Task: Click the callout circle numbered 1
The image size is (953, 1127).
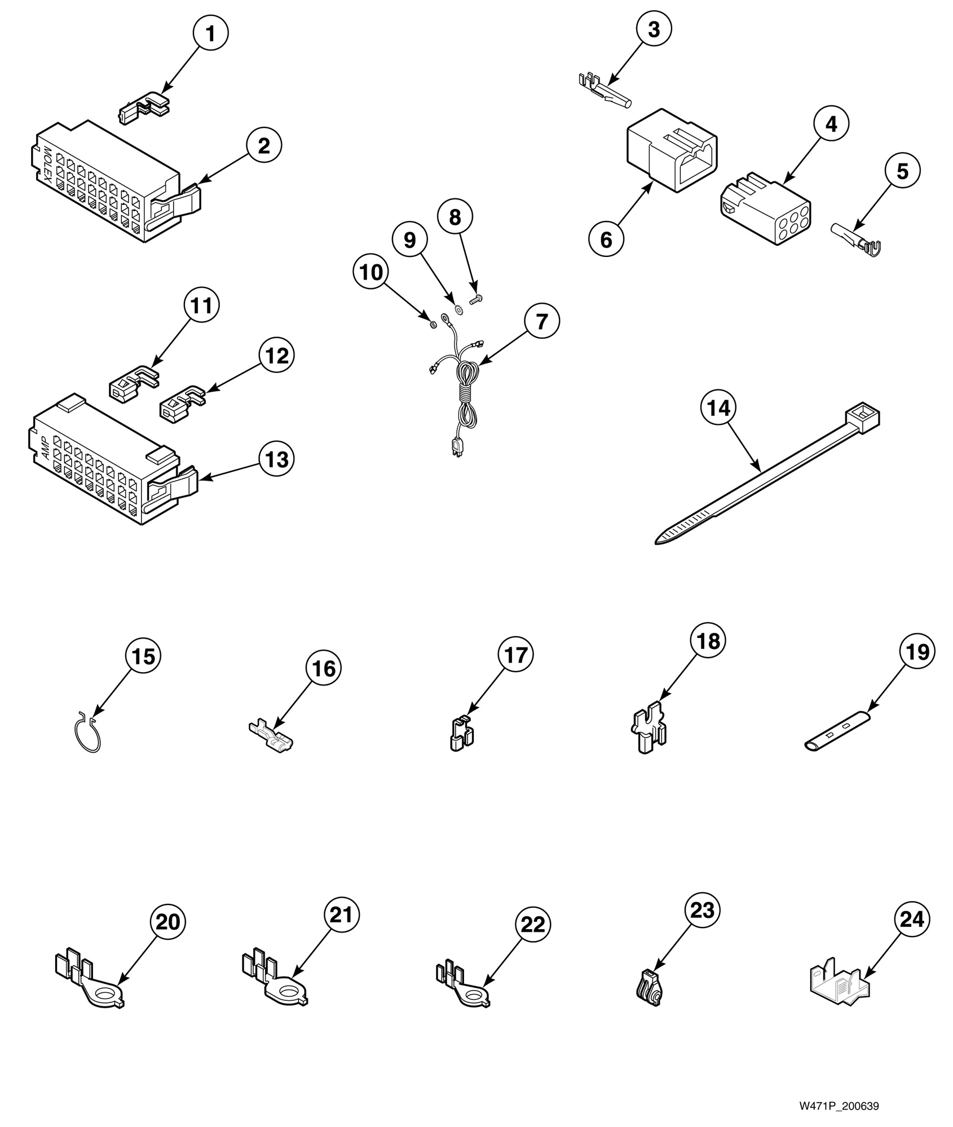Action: (210, 34)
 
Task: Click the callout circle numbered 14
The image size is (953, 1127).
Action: (718, 408)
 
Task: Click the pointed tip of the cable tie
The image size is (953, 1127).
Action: (660, 542)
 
